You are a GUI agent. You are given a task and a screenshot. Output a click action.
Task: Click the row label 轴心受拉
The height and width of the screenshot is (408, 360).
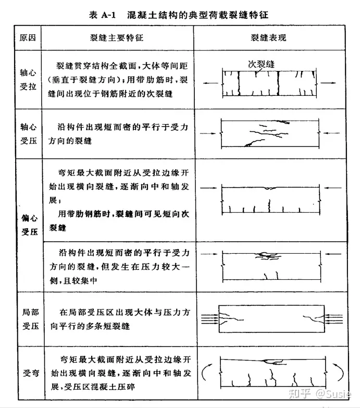coord(29,79)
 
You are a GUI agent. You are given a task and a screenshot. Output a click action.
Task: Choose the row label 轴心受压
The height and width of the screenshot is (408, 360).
coord(29,133)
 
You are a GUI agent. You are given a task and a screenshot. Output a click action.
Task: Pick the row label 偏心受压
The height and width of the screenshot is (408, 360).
coord(29,225)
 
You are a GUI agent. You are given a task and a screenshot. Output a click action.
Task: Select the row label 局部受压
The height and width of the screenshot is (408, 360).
coord(29,319)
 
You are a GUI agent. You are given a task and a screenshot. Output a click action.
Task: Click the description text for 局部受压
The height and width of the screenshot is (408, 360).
coord(120,319)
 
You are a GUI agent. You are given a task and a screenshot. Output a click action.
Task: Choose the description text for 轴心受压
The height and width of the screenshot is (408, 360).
coord(120,133)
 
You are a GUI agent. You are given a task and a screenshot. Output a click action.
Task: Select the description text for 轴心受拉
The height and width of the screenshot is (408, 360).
coord(120,79)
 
